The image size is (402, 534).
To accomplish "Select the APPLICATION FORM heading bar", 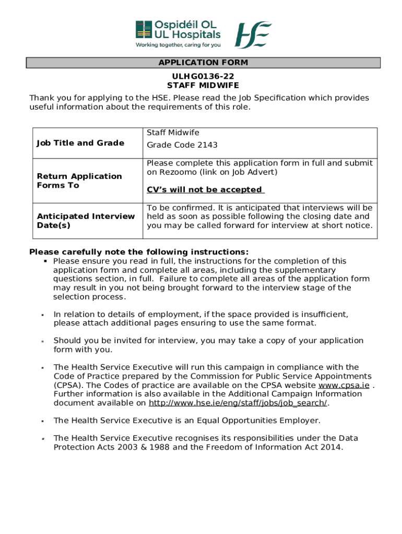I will point(204,63).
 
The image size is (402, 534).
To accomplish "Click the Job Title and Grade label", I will point(80,143).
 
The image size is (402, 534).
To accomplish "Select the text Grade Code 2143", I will point(182,145).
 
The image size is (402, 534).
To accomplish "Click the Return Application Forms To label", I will point(79,181).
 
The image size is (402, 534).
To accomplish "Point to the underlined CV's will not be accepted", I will point(205,190).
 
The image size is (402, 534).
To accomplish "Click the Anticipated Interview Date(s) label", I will point(86,221).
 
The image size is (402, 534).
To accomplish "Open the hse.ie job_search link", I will point(239,403).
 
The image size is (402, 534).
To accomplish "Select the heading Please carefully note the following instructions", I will point(139,251).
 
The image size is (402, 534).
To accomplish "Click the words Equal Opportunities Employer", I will point(253,420).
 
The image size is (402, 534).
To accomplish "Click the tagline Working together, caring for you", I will point(178,45).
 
